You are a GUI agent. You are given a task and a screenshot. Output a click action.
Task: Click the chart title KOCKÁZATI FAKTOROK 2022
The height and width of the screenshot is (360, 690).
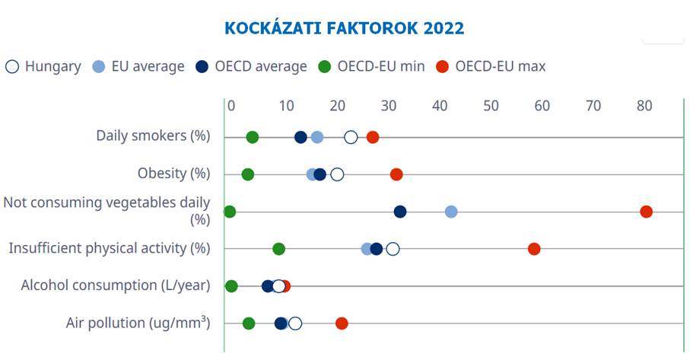point(344,28)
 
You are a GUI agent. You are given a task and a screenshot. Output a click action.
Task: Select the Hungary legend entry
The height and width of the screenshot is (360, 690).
point(43,66)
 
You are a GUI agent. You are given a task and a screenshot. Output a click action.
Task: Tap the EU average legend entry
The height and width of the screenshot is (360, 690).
point(138,66)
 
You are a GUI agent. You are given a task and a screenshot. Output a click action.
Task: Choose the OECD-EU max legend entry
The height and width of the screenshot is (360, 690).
point(491,66)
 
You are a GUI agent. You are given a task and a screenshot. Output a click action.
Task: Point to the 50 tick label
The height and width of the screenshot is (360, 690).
point(491,106)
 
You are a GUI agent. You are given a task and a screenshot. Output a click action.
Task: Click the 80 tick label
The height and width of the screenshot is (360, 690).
point(644,106)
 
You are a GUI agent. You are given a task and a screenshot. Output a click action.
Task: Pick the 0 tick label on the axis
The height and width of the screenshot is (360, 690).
point(231,106)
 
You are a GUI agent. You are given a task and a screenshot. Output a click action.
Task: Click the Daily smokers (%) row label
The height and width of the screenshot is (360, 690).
point(152,136)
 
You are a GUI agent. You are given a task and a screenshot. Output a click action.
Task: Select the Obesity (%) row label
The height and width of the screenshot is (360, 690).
point(173,174)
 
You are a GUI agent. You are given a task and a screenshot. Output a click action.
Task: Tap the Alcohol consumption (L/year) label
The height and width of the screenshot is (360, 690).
point(115,285)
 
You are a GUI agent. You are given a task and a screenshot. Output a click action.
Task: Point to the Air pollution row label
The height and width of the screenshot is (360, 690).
point(138,323)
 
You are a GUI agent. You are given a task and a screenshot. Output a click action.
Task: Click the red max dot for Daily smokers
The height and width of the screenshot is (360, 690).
point(373,137)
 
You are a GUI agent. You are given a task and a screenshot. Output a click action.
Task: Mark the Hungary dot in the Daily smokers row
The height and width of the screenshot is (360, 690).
point(351,137)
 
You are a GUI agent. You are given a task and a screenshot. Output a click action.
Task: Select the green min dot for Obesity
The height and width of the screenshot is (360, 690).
point(247,174)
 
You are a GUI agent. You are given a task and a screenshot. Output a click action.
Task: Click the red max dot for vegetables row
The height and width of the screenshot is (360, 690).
point(646,212)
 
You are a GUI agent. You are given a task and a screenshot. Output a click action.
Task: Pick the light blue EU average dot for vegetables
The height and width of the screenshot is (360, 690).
point(451,212)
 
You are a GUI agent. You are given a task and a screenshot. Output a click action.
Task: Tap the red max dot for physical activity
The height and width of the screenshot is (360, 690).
point(534,249)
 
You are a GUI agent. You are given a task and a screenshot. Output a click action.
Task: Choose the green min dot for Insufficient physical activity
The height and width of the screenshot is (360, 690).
point(278,249)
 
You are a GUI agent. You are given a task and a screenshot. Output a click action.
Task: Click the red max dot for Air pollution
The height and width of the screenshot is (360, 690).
point(342,323)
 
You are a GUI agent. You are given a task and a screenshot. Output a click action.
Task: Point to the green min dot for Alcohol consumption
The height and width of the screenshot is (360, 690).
point(231,286)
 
